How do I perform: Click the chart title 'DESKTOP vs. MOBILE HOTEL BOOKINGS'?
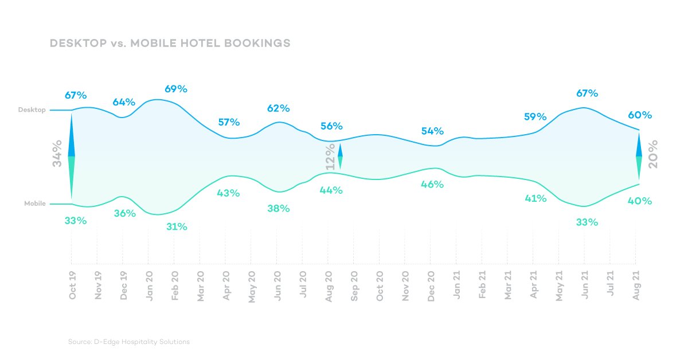tap(170, 44)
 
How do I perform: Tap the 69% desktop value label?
tap(176, 89)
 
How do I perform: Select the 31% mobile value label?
tap(177, 226)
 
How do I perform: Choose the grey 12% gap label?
tap(330, 156)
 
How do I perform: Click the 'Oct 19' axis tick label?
tap(72, 285)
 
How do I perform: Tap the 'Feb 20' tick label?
tap(175, 285)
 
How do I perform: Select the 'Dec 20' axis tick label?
tap(431, 285)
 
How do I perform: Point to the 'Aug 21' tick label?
tap(636, 285)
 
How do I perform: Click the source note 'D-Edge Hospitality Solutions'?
tap(128, 342)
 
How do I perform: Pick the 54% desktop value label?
tap(432, 131)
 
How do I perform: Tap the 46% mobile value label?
tap(432, 184)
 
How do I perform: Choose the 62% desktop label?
tap(279, 108)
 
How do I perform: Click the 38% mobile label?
tap(279, 209)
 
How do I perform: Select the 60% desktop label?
tap(640, 115)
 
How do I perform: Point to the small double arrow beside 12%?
tap(341, 156)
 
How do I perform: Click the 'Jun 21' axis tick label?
tap(585, 285)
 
